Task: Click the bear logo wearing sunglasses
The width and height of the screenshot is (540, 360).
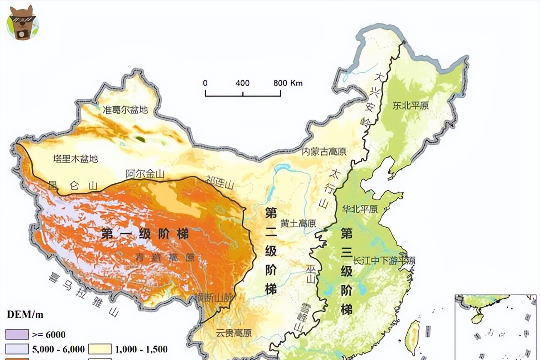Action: [22, 22]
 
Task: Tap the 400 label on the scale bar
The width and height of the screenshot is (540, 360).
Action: [243, 83]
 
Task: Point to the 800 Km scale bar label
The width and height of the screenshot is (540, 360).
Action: [288, 83]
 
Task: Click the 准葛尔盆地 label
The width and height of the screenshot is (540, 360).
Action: [125, 110]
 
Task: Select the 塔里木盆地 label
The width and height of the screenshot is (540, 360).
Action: [75, 158]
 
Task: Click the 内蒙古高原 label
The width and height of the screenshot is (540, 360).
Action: [324, 151]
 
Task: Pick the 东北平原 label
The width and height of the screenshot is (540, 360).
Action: [411, 105]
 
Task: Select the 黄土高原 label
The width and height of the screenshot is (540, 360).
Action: [297, 223]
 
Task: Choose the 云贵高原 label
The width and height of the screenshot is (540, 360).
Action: [234, 333]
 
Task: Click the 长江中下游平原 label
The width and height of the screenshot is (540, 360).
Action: [384, 261]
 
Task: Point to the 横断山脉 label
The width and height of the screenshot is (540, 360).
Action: [214, 297]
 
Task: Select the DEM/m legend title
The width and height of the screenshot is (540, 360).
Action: [25, 314]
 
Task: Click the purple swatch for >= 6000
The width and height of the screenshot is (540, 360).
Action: [17, 334]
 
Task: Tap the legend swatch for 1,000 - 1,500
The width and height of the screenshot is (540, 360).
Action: [100, 349]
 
